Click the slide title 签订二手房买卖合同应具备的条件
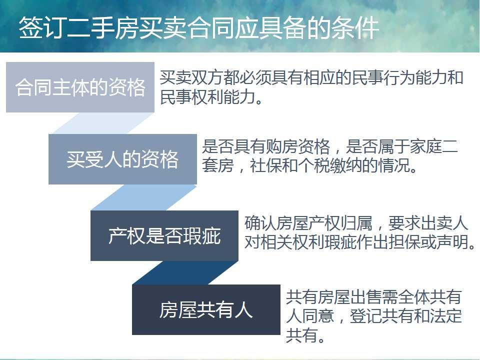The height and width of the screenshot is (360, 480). pos(199,27)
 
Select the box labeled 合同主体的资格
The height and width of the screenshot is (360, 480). pos(80,87)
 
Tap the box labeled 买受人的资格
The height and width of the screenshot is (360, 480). pos(122,159)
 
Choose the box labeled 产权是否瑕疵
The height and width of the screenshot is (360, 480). pos(164,235)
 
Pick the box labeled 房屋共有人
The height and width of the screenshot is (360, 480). pos(206,309)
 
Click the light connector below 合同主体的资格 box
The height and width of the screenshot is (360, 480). pos(102,123)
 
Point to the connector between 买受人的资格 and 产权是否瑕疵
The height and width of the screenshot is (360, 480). pos(144,197)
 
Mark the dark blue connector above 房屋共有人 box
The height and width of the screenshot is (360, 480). pos(185,273)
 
